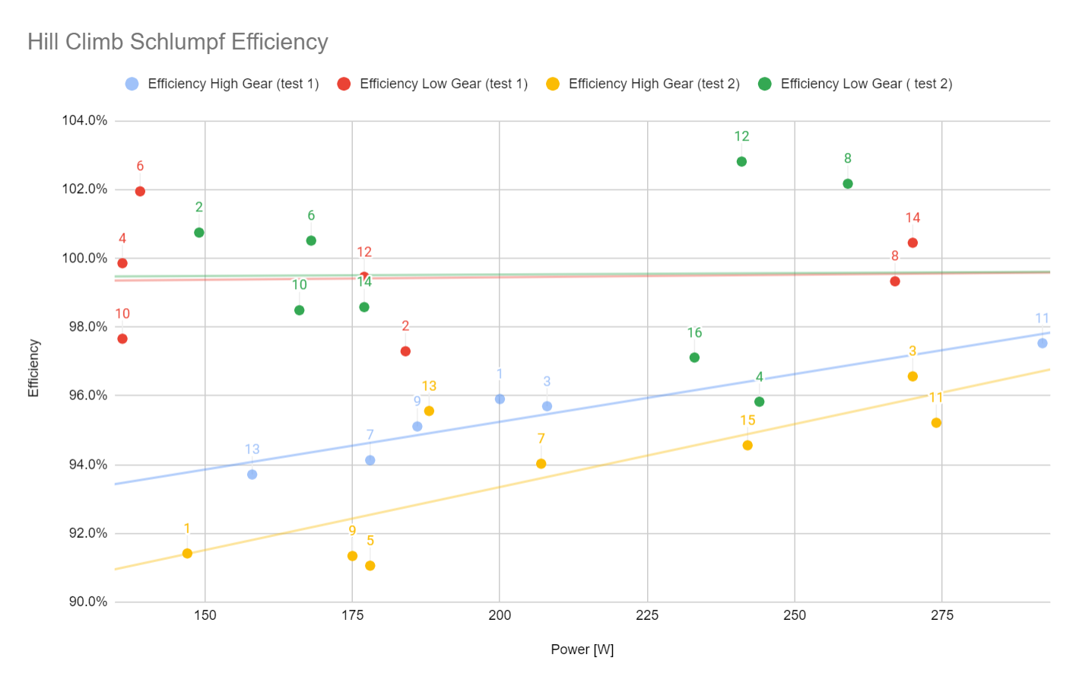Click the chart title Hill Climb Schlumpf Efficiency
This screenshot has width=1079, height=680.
177,42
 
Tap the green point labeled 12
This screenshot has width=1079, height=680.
741,162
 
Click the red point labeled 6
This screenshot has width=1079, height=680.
140,192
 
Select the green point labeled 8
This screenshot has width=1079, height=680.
848,184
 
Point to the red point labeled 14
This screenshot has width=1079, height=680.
912,243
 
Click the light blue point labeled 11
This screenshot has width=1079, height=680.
1043,344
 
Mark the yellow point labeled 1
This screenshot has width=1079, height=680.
187,554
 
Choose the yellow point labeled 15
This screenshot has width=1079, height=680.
747,446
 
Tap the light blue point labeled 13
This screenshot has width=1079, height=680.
252,475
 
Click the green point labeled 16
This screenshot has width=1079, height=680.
694,357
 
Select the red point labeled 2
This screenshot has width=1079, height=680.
405,351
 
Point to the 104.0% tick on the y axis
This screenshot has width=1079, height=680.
84,121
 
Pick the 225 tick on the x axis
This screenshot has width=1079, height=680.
647,615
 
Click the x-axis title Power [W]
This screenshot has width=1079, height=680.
582,650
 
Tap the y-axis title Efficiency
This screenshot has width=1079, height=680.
33,368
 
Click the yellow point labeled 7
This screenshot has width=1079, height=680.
541,464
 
